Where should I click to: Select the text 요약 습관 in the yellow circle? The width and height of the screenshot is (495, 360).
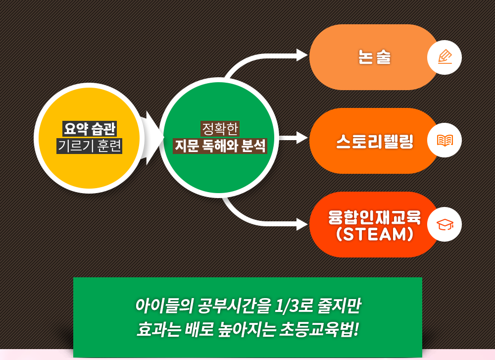[90, 129]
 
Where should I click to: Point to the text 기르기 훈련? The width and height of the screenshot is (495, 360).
[89, 146]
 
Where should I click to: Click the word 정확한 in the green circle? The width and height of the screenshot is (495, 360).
[220, 129]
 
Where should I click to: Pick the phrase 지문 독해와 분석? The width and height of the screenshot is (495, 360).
[220, 146]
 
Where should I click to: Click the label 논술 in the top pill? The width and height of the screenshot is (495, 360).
[374, 57]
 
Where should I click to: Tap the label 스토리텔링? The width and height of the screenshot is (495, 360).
[375, 141]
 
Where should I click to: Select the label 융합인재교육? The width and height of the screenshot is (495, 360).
[375, 217]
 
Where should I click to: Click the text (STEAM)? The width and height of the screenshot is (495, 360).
[375, 234]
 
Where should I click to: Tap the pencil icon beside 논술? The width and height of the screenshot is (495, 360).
[445, 57]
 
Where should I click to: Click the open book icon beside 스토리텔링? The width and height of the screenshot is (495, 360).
[445, 140]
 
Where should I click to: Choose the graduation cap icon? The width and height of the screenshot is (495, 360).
[445, 224]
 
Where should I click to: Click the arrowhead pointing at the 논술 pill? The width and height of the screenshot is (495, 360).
[302, 55]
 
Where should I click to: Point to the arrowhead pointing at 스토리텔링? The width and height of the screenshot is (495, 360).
[302, 138]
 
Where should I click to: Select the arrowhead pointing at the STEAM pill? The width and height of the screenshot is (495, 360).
[302, 224]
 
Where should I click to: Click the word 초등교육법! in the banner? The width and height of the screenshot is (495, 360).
[319, 329]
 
